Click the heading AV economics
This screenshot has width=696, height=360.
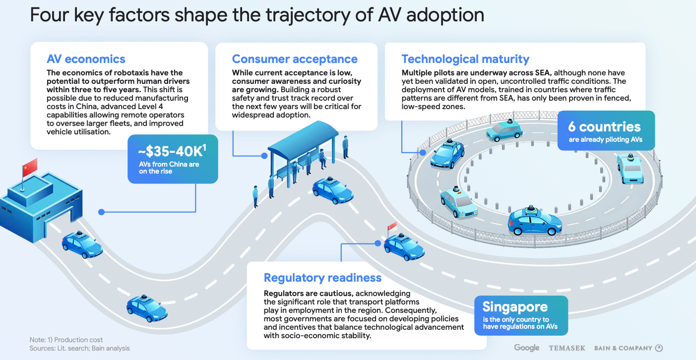pyautogui.click(x=86, y=59)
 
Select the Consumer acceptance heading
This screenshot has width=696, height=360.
pyautogui.click(x=295, y=59)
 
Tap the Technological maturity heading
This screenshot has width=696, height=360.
pyautogui.click(x=465, y=59)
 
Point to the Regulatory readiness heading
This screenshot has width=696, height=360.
pyautogui.click(x=322, y=278)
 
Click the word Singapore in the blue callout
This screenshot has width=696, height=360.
pyautogui.click(x=515, y=306)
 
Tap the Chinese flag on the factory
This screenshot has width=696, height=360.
pyautogui.click(x=30, y=166)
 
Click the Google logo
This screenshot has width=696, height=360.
pyautogui.click(x=526, y=348)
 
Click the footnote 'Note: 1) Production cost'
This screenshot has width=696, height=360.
pyautogui.click(x=66, y=340)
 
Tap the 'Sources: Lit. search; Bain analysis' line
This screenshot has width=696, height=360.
pyautogui.click(x=80, y=348)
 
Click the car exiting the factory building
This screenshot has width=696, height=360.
pyautogui.click(x=82, y=245)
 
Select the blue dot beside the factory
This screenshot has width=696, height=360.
pyautogui.click(x=101, y=212)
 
